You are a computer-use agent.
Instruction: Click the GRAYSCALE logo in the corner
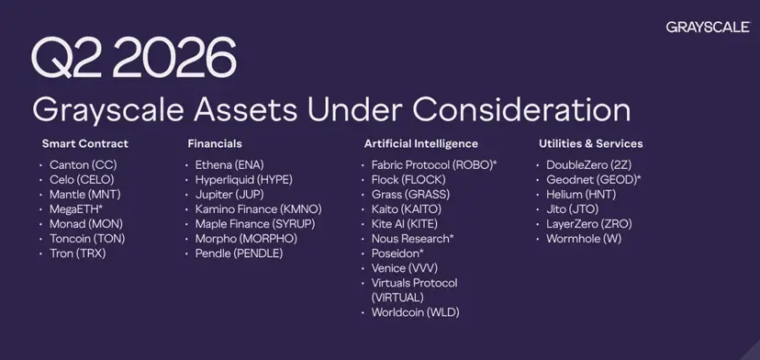click(x=708, y=28)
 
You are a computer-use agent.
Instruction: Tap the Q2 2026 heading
click(x=134, y=58)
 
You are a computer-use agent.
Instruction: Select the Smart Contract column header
click(x=85, y=143)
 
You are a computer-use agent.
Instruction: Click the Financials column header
click(x=215, y=143)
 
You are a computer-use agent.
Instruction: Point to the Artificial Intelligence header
click(x=421, y=143)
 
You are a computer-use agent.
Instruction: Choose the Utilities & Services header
click(x=591, y=143)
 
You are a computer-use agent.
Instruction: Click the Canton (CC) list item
click(x=84, y=165)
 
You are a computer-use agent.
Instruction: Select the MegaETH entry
click(x=76, y=209)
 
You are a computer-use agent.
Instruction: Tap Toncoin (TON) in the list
click(x=87, y=239)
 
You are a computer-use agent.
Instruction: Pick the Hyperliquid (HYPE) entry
click(x=244, y=180)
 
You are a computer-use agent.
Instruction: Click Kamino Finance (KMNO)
click(x=258, y=209)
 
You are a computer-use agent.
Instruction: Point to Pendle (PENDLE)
click(x=239, y=253)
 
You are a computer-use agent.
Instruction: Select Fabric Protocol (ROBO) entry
click(x=434, y=165)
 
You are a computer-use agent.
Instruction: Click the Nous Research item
click(x=413, y=239)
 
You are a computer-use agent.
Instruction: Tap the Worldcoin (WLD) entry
click(x=416, y=312)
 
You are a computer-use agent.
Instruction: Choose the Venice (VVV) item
click(x=405, y=268)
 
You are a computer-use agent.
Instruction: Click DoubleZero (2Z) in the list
click(x=589, y=165)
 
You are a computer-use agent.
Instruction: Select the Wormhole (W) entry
click(x=584, y=239)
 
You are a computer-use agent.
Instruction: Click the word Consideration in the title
click(x=522, y=110)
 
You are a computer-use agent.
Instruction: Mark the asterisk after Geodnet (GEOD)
click(x=639, y=177)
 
